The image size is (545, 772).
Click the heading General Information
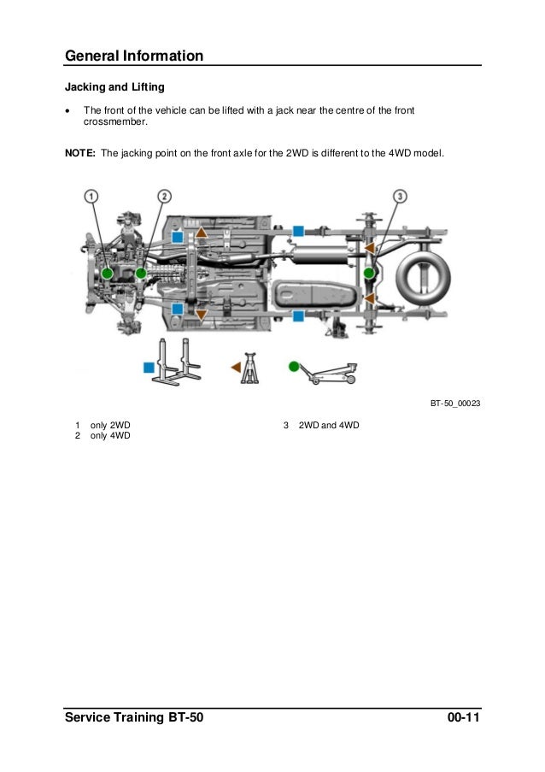pyautogui.click(x=134, y=56)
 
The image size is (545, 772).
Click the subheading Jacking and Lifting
pyautogui.click(x=115, y=87)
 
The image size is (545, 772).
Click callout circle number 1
pyautogui.click(x=91, y=197)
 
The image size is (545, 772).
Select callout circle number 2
pyautogui.click(x=164, y=197)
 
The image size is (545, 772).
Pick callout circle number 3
pyautogui.click(x=399, y=197)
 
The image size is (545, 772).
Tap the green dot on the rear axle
pyautogui.click(x=368, y=273)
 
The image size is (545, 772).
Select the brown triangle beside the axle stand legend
pyautogui.click(x=236, y=366)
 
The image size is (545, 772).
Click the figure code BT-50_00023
pyautogui.click(x=454, y=404)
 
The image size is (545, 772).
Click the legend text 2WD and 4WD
pyautogui.click(x=329, y=425)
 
